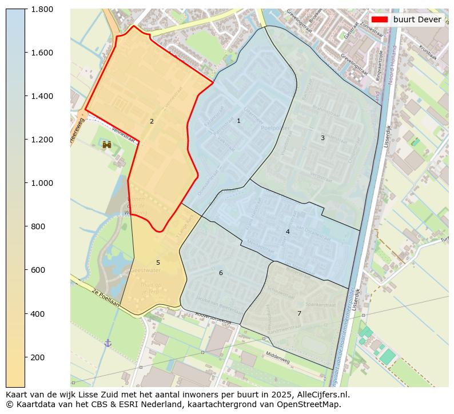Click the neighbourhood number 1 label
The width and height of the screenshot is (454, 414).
[238, 121]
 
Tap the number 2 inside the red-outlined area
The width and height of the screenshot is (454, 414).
[152, 121]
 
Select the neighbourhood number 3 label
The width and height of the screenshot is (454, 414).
[322, 138]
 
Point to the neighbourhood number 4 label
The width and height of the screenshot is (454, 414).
[288, 232]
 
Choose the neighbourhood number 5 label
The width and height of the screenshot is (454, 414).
[158, 262]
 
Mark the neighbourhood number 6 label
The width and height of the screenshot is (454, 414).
[221, 273]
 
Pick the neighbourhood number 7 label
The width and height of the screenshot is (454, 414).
[299, 313]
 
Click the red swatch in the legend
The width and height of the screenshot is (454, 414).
[380, 19]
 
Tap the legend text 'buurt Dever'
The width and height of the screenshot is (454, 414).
[417, 19]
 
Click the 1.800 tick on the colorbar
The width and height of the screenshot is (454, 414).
[42, 9]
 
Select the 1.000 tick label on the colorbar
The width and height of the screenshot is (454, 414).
[42, 183]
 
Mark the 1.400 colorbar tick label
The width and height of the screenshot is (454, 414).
[42, 96]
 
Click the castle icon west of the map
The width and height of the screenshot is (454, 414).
[107, 145]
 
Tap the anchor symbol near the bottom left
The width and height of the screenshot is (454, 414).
[107, 343]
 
